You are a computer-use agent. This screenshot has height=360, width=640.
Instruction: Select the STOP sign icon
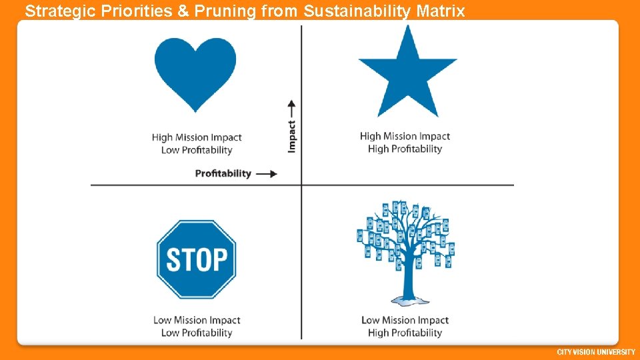pos(196,259)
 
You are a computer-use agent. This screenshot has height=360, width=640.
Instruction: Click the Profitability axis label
pos(223,173)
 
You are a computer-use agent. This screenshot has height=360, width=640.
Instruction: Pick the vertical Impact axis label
pos(292,136)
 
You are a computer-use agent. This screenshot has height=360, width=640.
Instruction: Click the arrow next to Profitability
pos(267,174)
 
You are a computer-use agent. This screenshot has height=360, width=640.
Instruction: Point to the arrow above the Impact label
pos(291,107)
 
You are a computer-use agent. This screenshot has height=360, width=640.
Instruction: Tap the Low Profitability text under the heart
pos(197,150)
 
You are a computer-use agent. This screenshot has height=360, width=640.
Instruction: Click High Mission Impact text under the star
pos(405,136)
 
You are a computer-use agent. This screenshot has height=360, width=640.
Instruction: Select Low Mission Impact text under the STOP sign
pos(197,320)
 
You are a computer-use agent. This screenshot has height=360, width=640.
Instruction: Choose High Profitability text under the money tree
pos(405,333)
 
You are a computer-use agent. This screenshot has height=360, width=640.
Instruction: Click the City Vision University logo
pos(596,352)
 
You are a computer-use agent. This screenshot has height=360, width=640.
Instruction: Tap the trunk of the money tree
pos(405,280)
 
